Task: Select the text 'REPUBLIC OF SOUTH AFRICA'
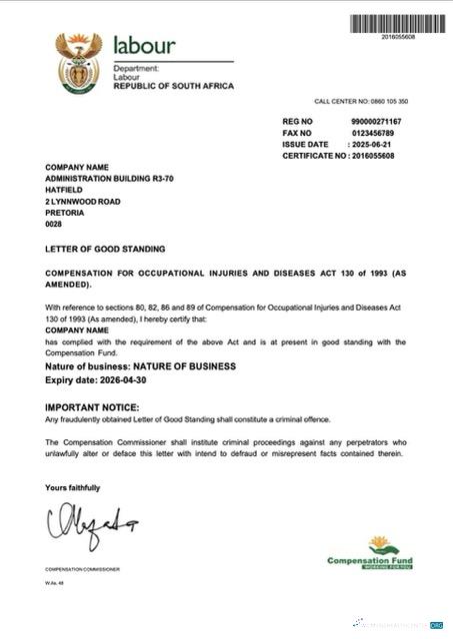[x=174, y=87]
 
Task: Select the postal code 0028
[x=54, y=226]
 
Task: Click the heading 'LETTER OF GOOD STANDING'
[x=105, y=248]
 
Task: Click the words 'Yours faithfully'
[x=72, y=487]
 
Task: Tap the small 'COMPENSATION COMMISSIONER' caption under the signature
[x=82, y=569]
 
